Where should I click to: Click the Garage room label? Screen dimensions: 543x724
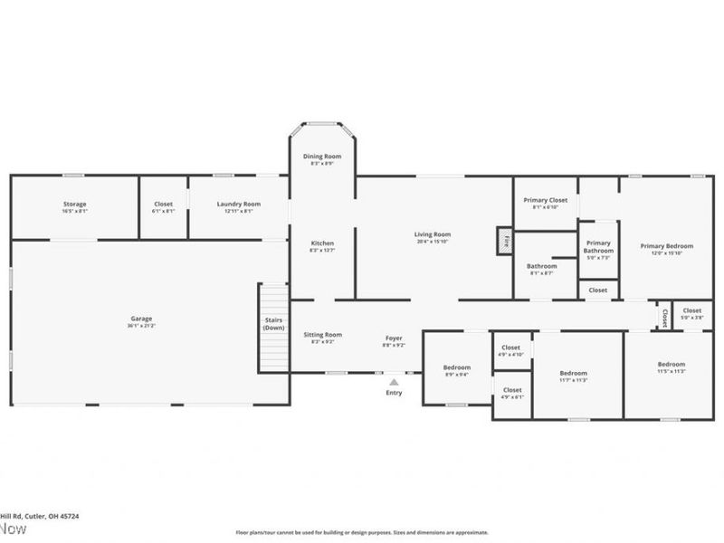point(141,319)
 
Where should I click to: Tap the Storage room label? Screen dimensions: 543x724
point(74,205)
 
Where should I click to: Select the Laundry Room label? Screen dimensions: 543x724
point(238,205)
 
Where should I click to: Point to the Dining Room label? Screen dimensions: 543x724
point(322,157)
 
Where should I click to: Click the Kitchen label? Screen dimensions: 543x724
point(322,243)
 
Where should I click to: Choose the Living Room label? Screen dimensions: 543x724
point(433,234)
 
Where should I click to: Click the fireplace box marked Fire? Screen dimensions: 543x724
point(505,241)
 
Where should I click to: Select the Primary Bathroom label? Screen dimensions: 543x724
point(598,247)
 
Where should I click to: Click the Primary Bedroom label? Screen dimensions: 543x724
point(666,246)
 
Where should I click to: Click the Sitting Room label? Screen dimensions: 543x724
point(322,335)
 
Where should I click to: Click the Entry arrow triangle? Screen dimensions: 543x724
point(394,382)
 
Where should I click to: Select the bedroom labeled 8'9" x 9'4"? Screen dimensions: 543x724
point(456,367)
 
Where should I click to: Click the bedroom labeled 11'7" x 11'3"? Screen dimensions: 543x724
point(573,373)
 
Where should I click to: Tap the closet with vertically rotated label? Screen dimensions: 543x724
point(664,316)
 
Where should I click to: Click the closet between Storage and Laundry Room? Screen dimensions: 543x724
point(163,205)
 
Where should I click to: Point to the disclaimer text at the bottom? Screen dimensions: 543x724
point(362,533)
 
